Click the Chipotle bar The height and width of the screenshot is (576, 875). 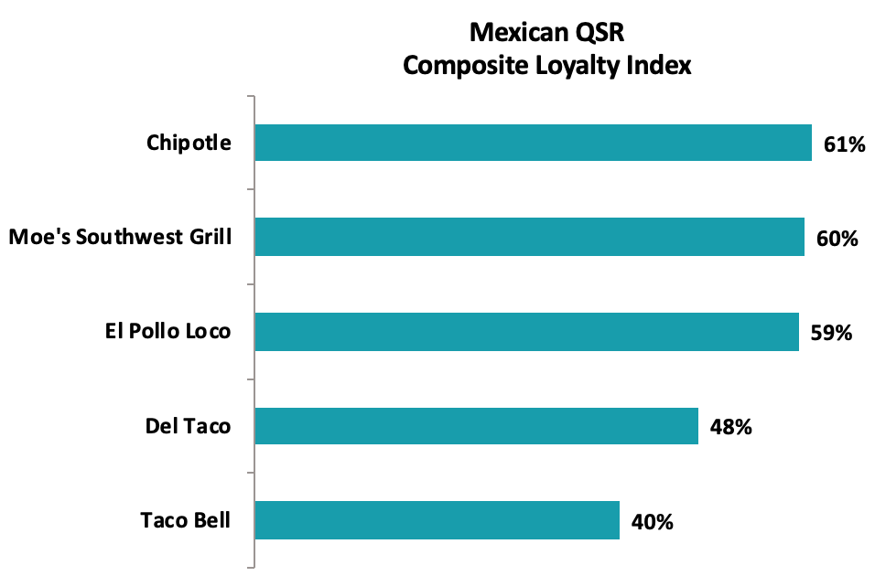pos(533,143)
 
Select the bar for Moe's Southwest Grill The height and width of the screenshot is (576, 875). pos(529,237)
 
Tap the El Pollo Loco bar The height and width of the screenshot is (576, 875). pos(526,332)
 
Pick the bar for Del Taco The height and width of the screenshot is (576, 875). pos(476,426)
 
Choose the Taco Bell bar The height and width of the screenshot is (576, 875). pos(437,520)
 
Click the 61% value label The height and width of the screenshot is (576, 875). pos(844,144)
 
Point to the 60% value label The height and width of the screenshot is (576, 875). pos(837,238)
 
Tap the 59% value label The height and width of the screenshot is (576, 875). pos(831,333)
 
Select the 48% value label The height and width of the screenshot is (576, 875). pos(730,427)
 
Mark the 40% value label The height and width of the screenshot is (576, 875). pos(652,522)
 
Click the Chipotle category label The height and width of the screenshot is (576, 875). pos(189,144)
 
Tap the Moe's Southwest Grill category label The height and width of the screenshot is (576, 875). pos(120,238)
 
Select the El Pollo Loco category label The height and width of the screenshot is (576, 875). pos(167,332)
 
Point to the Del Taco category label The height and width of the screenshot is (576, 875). pos(188,426)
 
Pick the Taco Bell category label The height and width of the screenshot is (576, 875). pos(185,520)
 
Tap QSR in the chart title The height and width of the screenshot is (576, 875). pos(600,34)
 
